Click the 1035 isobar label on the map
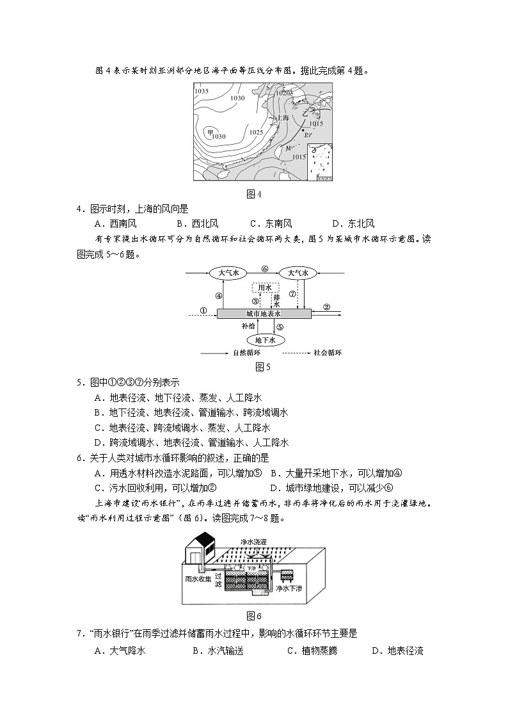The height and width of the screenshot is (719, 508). [x=202, y=91]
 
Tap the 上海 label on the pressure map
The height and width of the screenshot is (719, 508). [x=282, y=118]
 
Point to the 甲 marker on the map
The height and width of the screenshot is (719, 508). [x=209, y=133]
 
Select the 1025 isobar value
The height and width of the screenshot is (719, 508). [x=256, y=132]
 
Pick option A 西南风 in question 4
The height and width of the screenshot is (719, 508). [x=115, y=223]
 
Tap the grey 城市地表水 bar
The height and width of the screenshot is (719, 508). [x=264, y=314]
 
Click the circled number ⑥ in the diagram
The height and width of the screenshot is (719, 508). [x=264, y=269]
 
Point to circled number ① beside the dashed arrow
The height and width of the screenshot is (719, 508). [x=203, y=311]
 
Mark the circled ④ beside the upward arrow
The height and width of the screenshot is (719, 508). [x=218, y=296]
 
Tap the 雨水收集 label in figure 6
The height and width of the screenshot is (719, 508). [x=198, y=578]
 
